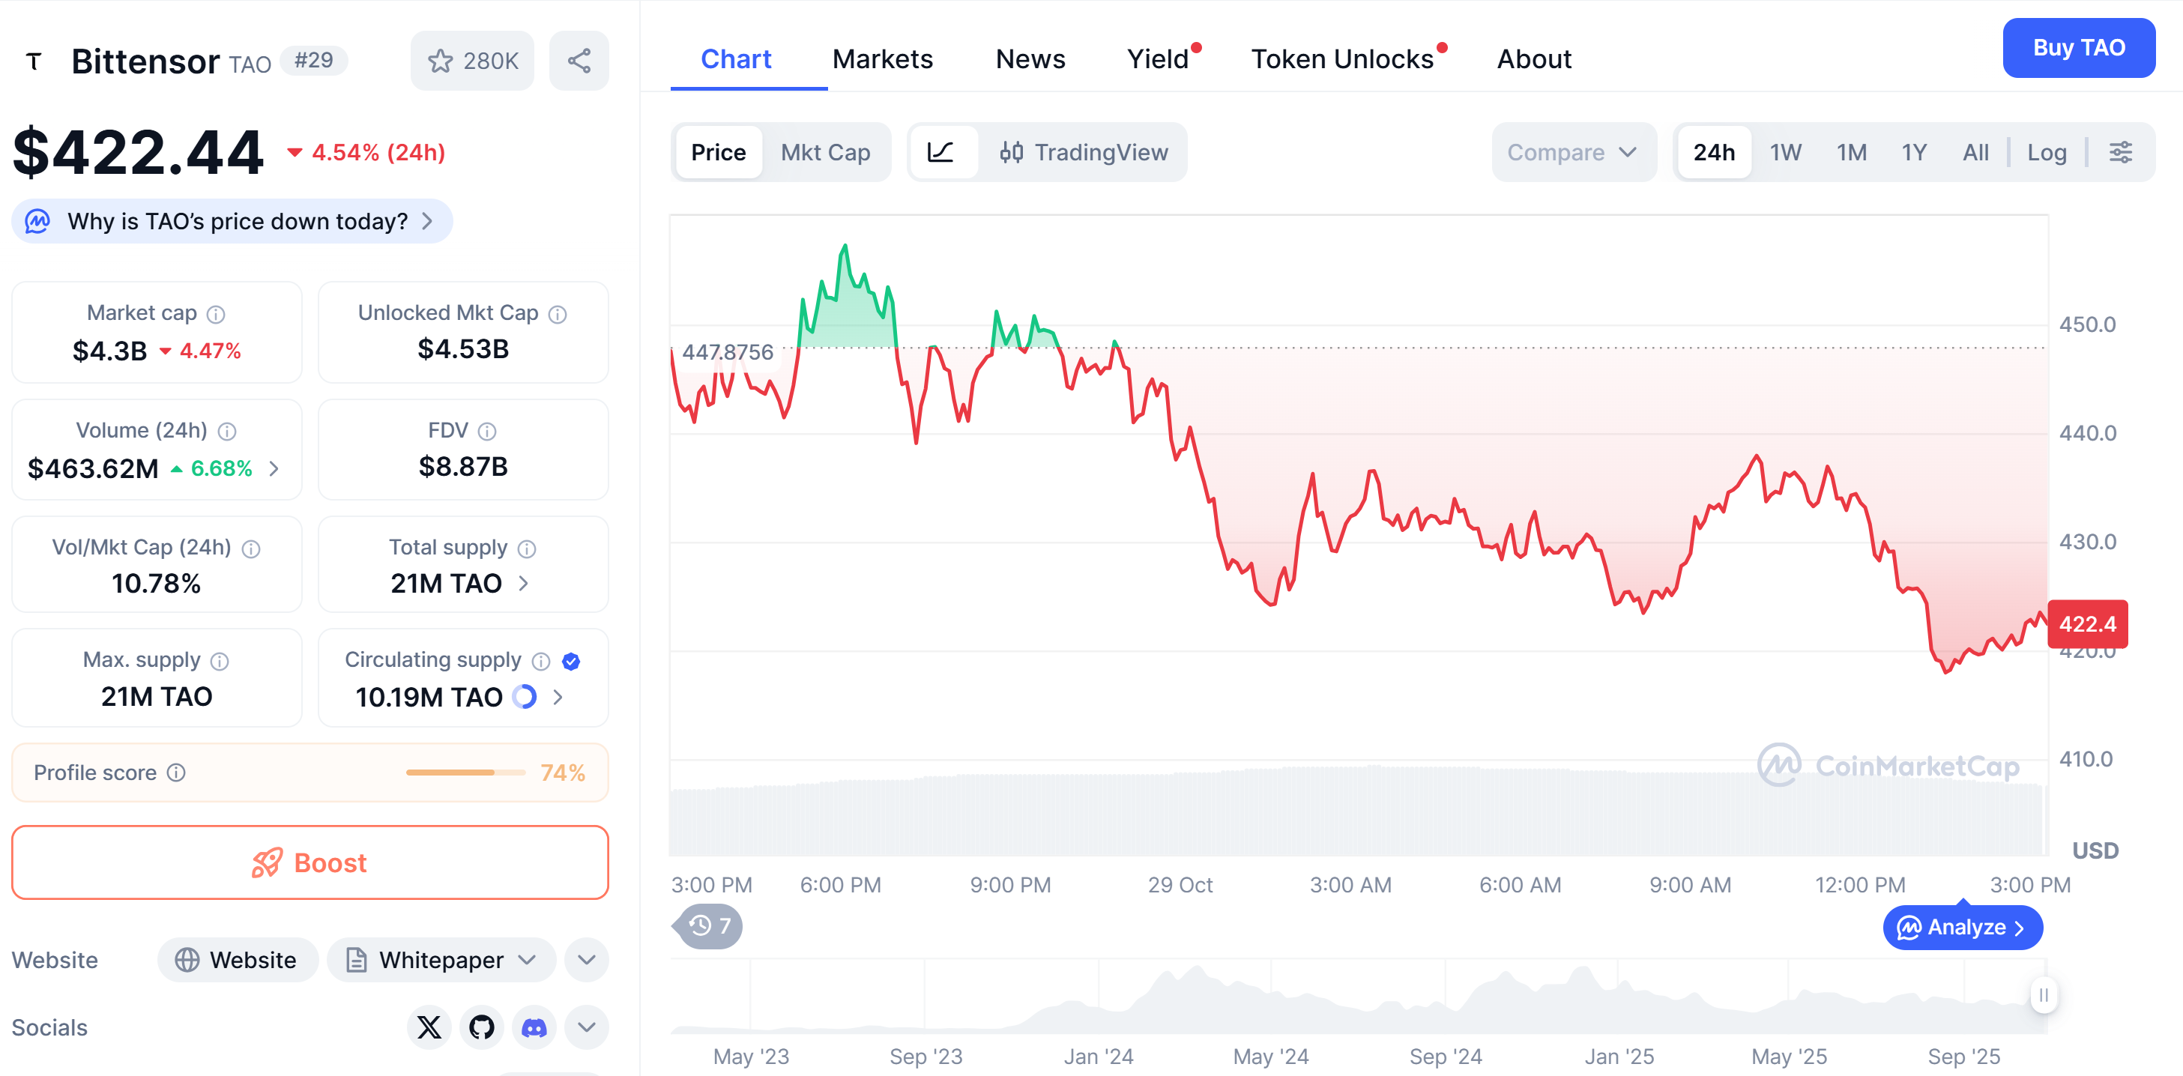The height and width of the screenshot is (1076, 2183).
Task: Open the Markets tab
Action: [882, 59]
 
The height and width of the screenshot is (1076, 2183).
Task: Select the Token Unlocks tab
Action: [1342, 59]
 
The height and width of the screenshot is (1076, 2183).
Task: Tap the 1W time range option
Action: [1785, 153]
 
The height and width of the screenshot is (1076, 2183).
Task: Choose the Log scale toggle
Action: [2046, 153]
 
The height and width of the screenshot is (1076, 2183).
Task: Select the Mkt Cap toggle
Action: [824, 153]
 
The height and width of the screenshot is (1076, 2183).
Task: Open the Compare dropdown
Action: [1572, 153]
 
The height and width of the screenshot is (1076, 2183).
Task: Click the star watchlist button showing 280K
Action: [472, 61]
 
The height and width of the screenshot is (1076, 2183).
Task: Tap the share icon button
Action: [579, 61]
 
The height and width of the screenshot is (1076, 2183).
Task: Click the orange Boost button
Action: [310, 862]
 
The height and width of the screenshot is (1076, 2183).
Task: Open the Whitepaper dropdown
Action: [441, 960]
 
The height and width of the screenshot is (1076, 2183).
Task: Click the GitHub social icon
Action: [481, 1028]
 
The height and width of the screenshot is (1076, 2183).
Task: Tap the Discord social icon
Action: [534, 1028]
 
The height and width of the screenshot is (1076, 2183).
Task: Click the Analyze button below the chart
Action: [1962, 928]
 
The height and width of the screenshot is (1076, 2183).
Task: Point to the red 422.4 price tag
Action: [2086, 624]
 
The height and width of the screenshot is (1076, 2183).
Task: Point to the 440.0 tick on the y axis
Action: [2086, 434]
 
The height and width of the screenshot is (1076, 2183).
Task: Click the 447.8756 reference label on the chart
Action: [727, 352]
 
